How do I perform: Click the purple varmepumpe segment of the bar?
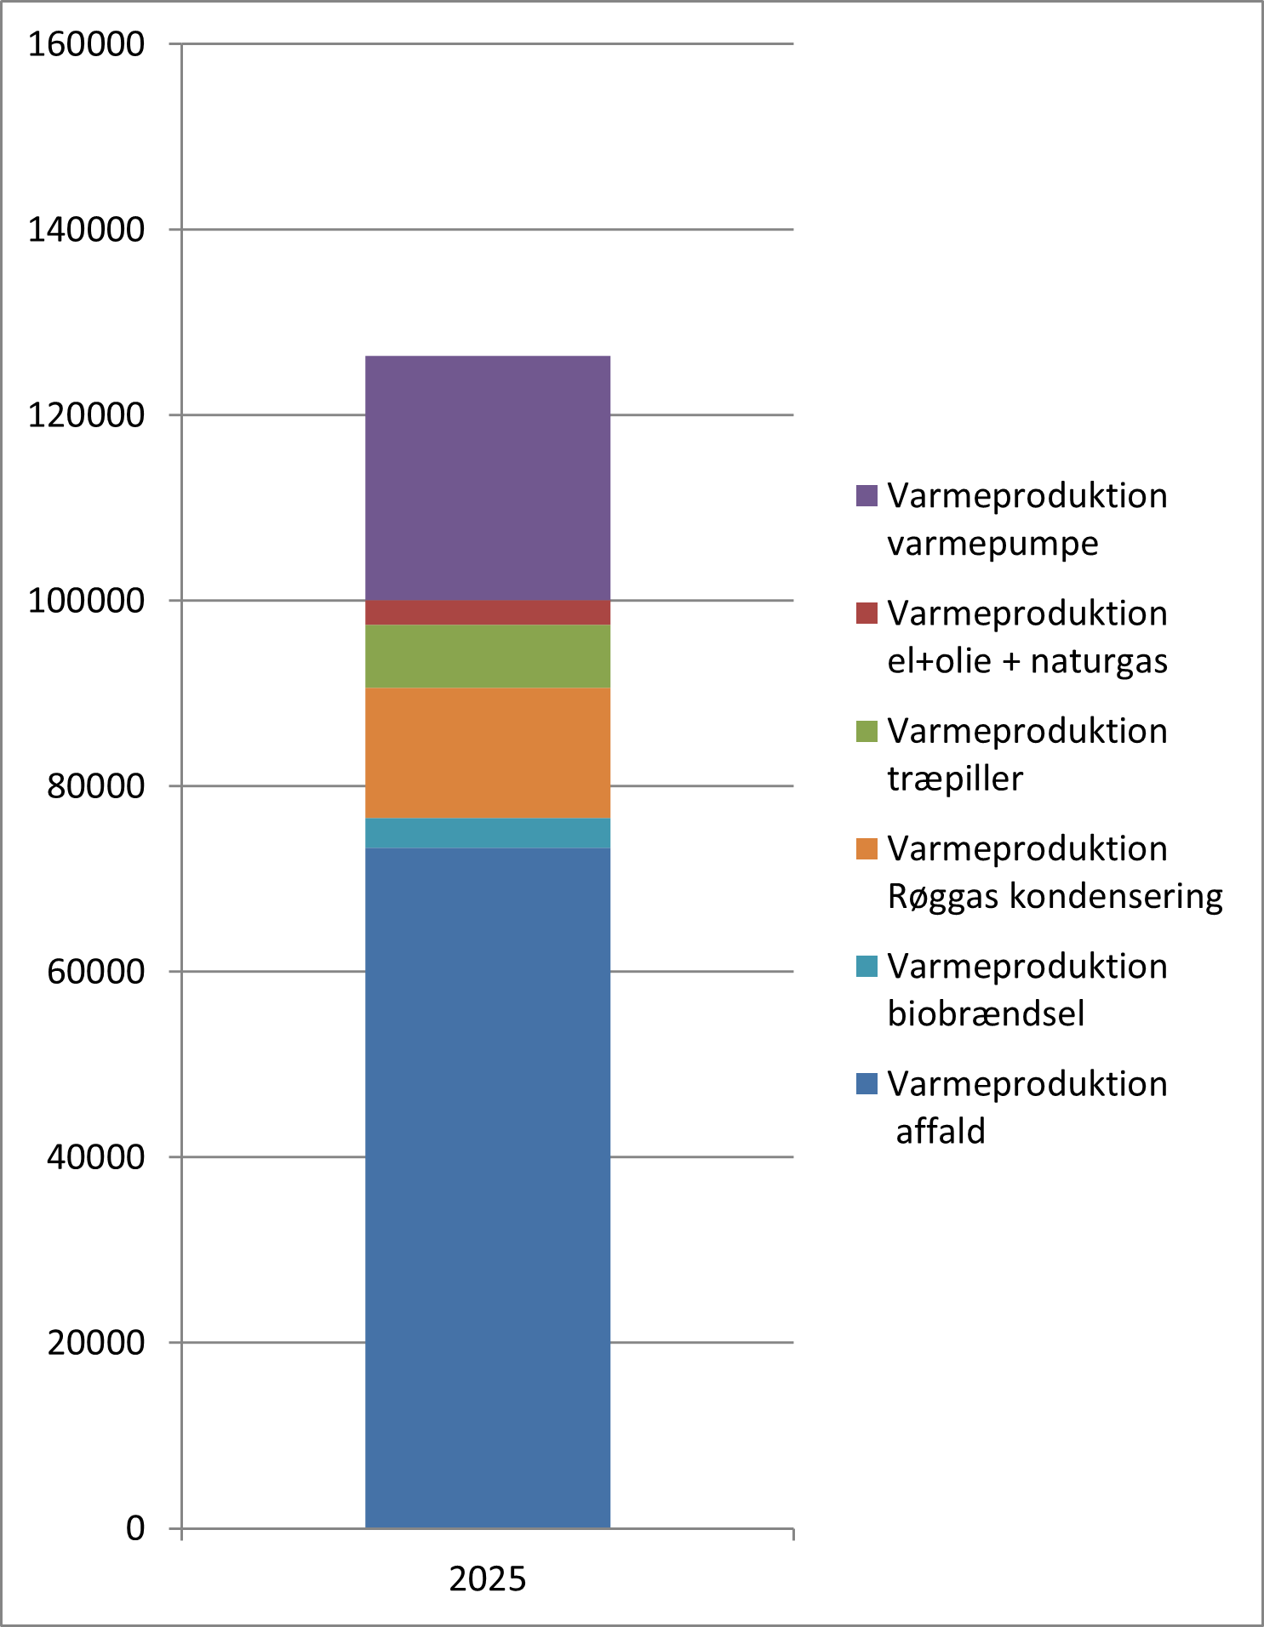pyautogui.click(x=488, y=477)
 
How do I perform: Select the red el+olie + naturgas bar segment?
pyautogui.click(x=488, y=613)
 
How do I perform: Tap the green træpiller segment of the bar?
pyautogui.click(x=488, y=656)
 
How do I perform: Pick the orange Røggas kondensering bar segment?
pyautogui.click(x=488, y=752)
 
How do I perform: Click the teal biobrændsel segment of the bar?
pyautogui.click(x=488, y=833)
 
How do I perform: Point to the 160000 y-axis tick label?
pyautogui.click(x=87, y=44)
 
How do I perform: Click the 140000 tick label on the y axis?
pyautogui.click(x=87, y=230)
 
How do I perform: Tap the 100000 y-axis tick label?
pyautogui.click(x=87, y=601)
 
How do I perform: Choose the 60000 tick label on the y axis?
pyautogui.click(x=96, y=972)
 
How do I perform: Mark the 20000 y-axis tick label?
pyautogui.click(x=96, y=1343)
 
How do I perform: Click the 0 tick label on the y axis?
pyautogui.click(x=135, y=1528)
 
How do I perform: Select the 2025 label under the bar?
pyautogui.click(x=488, y=1579)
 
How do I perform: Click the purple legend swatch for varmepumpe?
pyautogui.click(x=866, y=496)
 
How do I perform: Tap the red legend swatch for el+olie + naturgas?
pyautogui.click(x=866, y=614)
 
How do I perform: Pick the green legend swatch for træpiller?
pyautogui.click(x=866, y=731)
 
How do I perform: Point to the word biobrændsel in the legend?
pyautogui.click(x=986, y=1014)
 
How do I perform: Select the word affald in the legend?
pyautogui.click(x=941, y=1132)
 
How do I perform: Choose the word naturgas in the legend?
pyautogui.click(x=1099, y=662)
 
